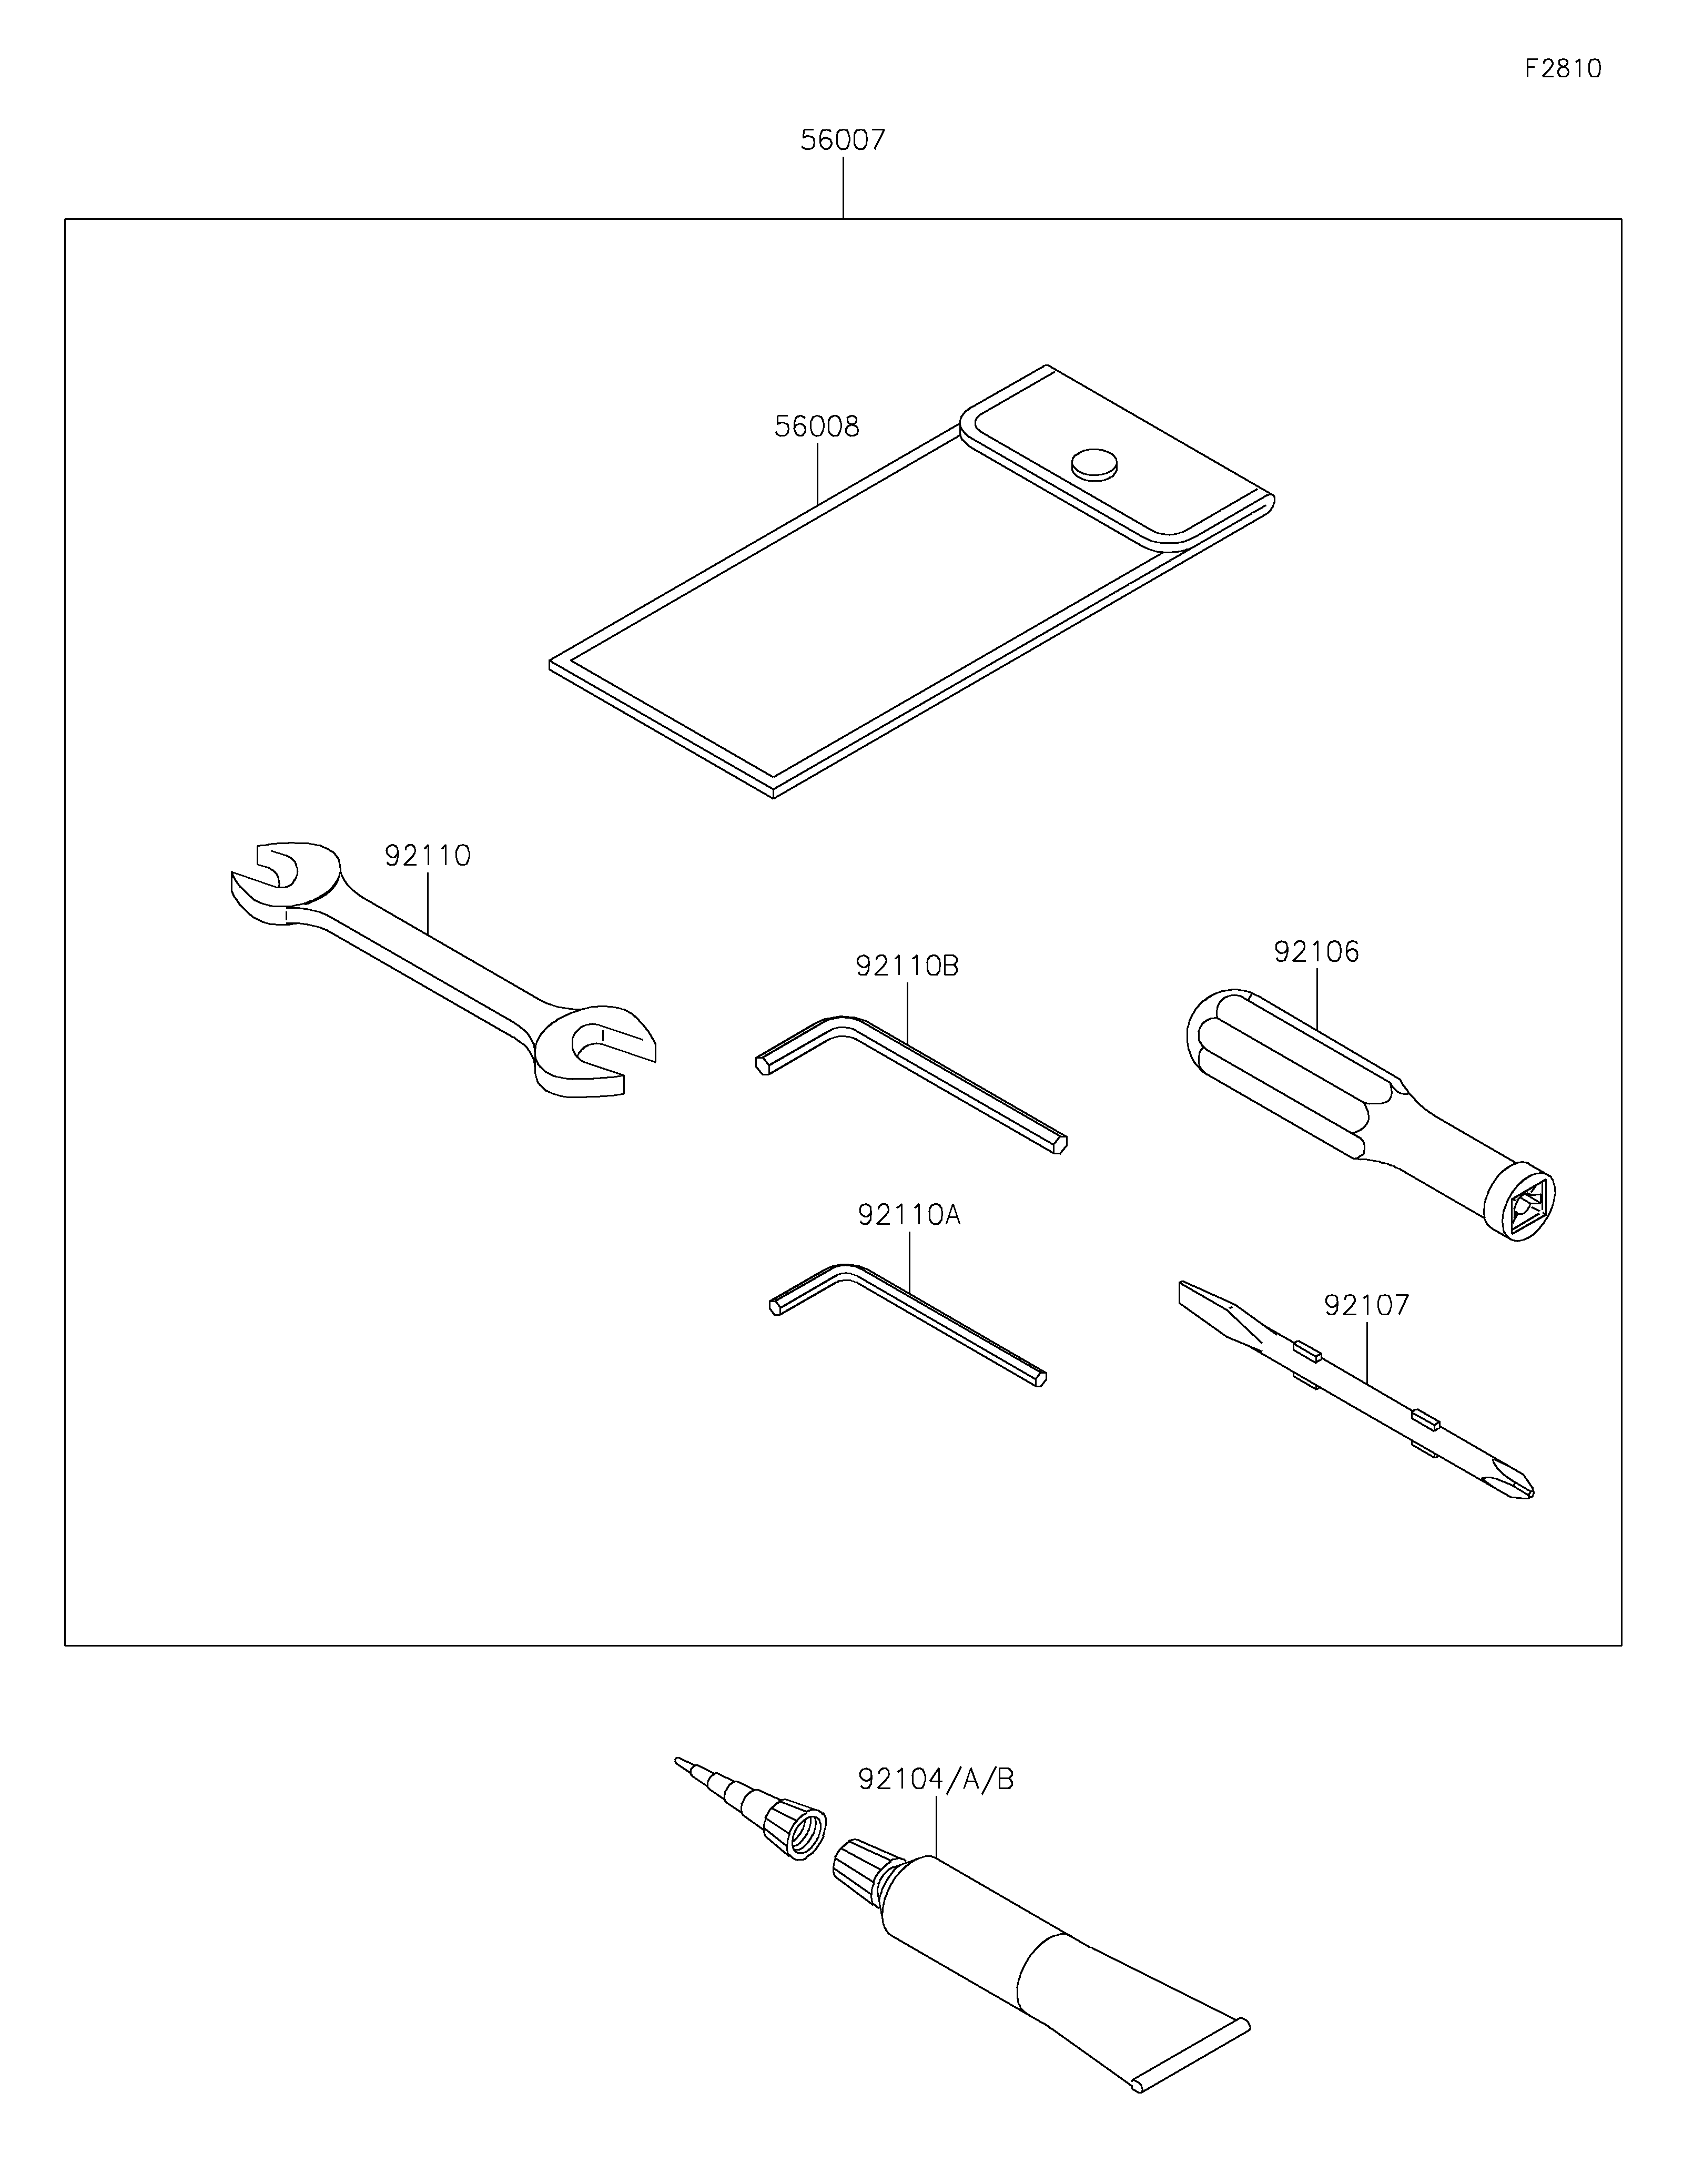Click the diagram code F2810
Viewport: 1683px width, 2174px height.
[x=1563, y=69]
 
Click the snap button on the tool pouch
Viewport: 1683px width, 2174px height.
[x=1094, y=463]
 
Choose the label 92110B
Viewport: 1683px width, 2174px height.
[x=907, y=966]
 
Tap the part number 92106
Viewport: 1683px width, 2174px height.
[x=1316, y=952]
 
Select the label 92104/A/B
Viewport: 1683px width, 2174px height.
[x=936, y=1779]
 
